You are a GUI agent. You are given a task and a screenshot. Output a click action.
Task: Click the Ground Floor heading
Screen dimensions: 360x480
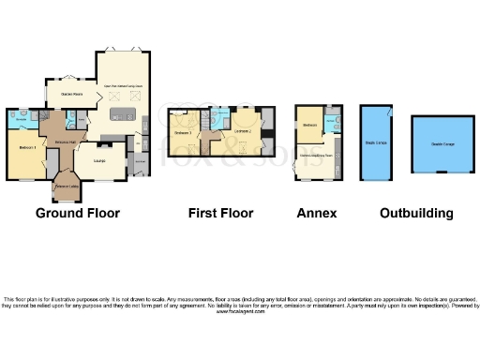78,213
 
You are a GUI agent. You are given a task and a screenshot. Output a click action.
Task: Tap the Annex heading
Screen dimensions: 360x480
316,213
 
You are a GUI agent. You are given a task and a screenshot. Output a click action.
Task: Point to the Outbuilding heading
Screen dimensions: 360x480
416,213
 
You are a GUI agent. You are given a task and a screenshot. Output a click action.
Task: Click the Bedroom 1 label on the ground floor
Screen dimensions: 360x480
26,149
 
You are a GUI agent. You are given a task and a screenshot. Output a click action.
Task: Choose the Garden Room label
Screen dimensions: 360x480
72,94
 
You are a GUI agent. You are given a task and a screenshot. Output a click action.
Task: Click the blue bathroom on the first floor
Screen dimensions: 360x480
219,119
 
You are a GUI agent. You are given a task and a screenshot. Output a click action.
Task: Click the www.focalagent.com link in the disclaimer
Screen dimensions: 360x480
240,310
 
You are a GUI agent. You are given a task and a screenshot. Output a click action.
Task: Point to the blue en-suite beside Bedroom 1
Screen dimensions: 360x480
20,120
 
